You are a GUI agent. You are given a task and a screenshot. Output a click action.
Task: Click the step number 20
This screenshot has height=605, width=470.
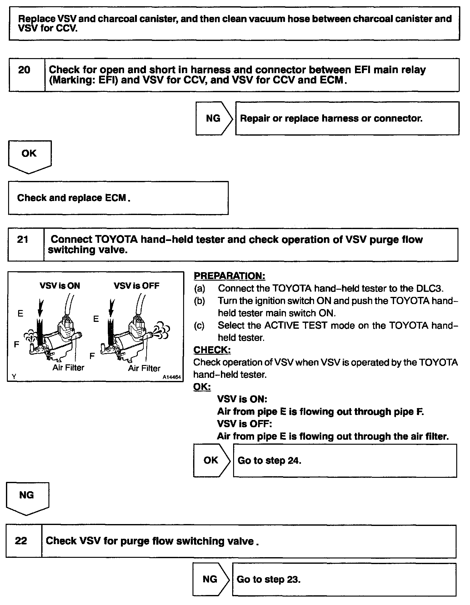point(24,70)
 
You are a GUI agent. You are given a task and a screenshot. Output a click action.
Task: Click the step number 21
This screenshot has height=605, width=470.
point(22,240)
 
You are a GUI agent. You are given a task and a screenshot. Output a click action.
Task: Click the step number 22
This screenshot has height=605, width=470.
point(21,541)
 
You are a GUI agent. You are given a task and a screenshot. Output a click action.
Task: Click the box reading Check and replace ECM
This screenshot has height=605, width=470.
point(118,198)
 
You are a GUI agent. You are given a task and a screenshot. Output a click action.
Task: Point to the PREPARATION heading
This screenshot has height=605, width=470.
point(229,276)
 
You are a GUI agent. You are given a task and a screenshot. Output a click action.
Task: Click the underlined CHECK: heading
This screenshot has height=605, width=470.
point(212,350)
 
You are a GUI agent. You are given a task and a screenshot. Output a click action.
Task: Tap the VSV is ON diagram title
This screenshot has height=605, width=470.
point(60,286)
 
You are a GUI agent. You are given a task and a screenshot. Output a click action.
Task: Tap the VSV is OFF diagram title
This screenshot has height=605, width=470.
point(137,286)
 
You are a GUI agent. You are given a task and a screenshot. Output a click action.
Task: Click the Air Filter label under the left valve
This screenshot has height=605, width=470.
point(68,367)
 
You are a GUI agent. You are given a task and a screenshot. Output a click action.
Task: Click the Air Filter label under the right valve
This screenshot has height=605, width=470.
point(144,368)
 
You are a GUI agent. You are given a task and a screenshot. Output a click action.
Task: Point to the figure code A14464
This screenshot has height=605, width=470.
point(172,377)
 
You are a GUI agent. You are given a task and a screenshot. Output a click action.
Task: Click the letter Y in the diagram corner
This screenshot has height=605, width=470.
point(14,377)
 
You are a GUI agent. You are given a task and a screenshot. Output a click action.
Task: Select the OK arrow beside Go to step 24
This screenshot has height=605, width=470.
point(211,460)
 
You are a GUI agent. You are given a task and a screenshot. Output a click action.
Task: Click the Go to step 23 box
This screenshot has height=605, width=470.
point(344,580)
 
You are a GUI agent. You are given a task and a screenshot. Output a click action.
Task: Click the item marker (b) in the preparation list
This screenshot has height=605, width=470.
point(199,301)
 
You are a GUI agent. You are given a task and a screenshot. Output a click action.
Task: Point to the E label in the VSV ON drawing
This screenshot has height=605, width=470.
point(20,313)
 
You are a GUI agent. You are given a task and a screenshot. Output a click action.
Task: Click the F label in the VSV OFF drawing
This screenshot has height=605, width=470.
point(92,356)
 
